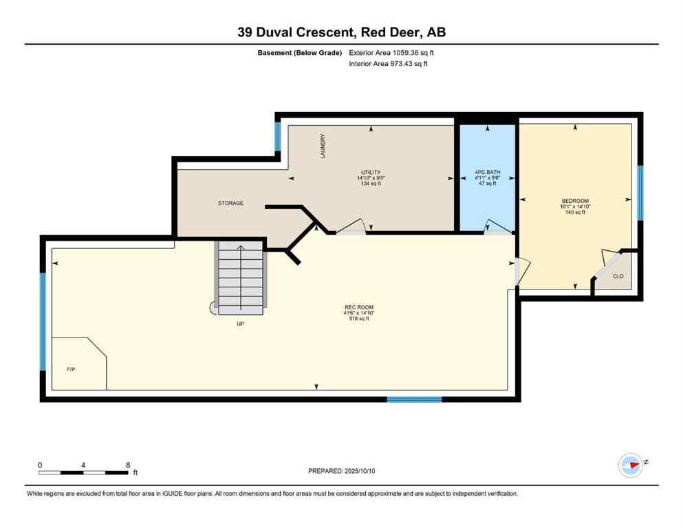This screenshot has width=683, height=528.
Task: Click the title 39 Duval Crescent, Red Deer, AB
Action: [341, 32]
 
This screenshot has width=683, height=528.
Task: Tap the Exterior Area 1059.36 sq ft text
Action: [391, 53]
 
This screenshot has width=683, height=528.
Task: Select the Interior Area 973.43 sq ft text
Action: [389, 64]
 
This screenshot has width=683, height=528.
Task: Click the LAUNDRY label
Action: [322, 146]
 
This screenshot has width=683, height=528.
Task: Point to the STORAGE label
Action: [230, 203]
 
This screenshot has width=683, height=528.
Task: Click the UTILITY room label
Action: [370, 173]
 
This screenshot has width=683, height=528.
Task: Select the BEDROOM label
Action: [575, 201]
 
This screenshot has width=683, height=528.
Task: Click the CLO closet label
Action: [618, 276]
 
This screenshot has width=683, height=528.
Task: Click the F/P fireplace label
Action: [70, 369]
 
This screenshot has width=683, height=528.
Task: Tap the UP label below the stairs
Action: [240, 323]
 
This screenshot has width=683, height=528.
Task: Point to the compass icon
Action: [630, 465]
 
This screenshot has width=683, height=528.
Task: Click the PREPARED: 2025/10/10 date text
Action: [342, 471]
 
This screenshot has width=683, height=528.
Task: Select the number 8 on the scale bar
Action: [128, 465]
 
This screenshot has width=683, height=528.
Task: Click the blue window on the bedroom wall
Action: [640, 192]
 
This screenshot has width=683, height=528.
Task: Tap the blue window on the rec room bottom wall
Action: [413, 399]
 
